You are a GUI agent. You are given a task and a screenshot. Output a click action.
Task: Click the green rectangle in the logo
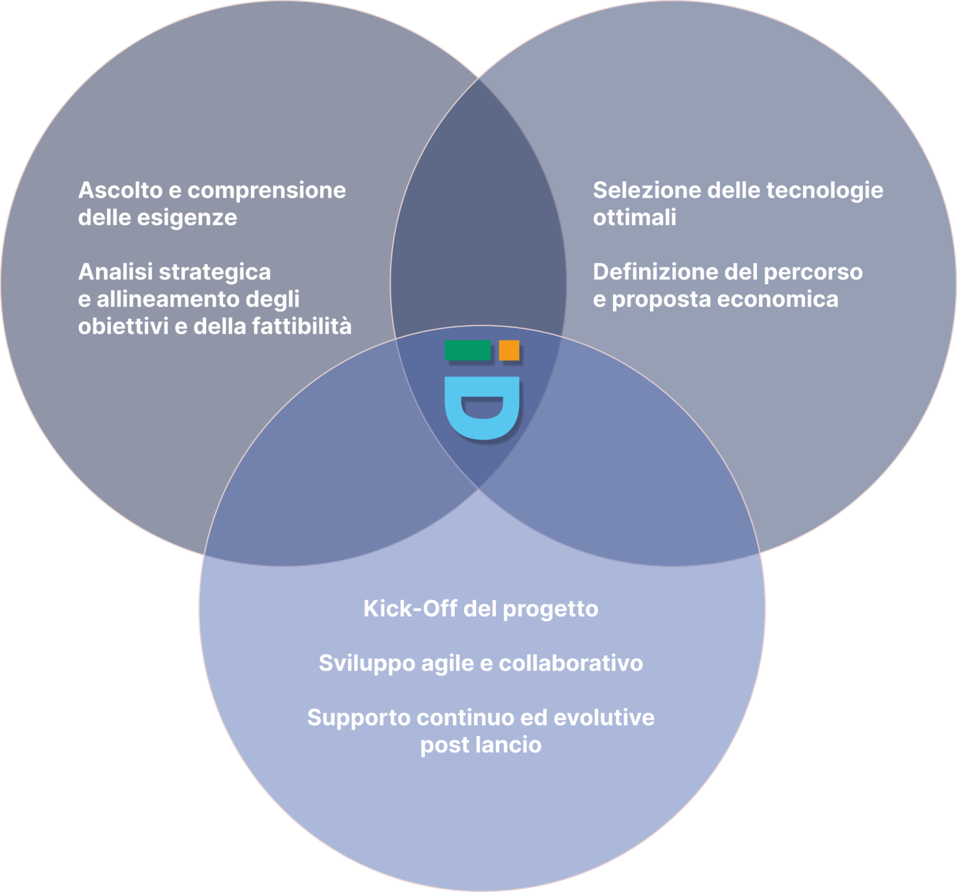467,350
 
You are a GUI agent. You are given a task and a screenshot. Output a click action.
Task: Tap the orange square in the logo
509,350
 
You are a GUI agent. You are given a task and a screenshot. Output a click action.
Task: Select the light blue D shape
482,409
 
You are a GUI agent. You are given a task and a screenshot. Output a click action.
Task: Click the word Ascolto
120,190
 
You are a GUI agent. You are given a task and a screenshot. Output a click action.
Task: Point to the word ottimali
634,217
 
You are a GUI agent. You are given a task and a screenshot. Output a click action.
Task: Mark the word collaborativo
571,663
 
